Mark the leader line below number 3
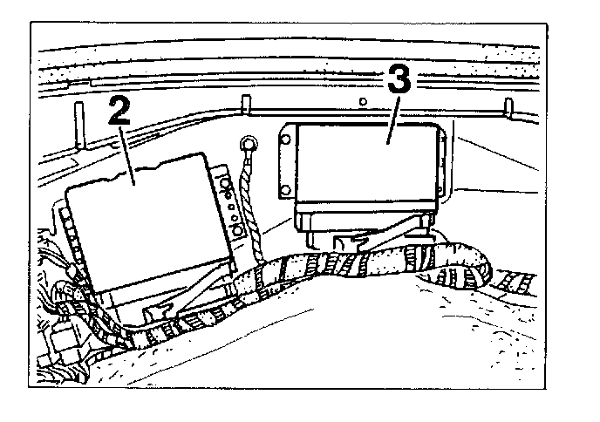pyautogui.click(x=392, y=122)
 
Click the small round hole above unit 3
pyautogui.click(x=361, y=102)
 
